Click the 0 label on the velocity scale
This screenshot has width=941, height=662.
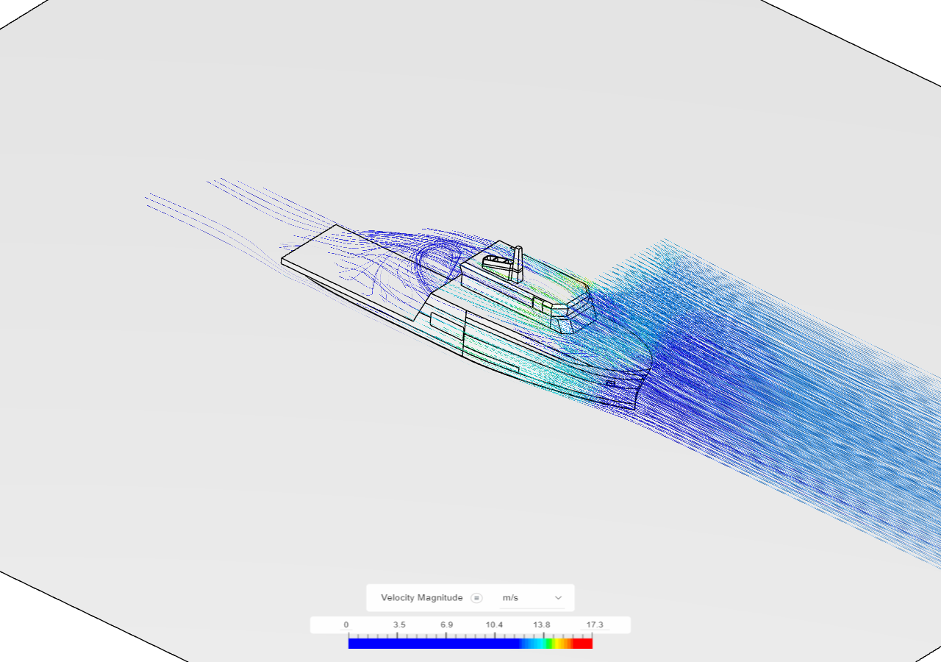[346, 624]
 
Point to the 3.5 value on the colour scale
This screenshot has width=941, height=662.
[398, 624]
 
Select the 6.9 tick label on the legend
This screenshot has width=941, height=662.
[446, 624]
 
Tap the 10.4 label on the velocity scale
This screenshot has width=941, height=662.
[493, 624]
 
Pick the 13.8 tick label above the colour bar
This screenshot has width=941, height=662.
[542, 624]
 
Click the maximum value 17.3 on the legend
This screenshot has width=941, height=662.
[594, 624]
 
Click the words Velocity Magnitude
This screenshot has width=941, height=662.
[421, 597]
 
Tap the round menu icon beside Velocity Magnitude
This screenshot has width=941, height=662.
[476, 597]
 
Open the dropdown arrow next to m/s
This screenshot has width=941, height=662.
[558, 597]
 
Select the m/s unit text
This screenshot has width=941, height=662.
[510, 597]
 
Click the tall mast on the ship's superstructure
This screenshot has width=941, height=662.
[518, 263]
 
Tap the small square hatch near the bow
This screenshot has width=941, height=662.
[610, 383]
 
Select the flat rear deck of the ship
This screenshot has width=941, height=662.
[346, 257]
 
